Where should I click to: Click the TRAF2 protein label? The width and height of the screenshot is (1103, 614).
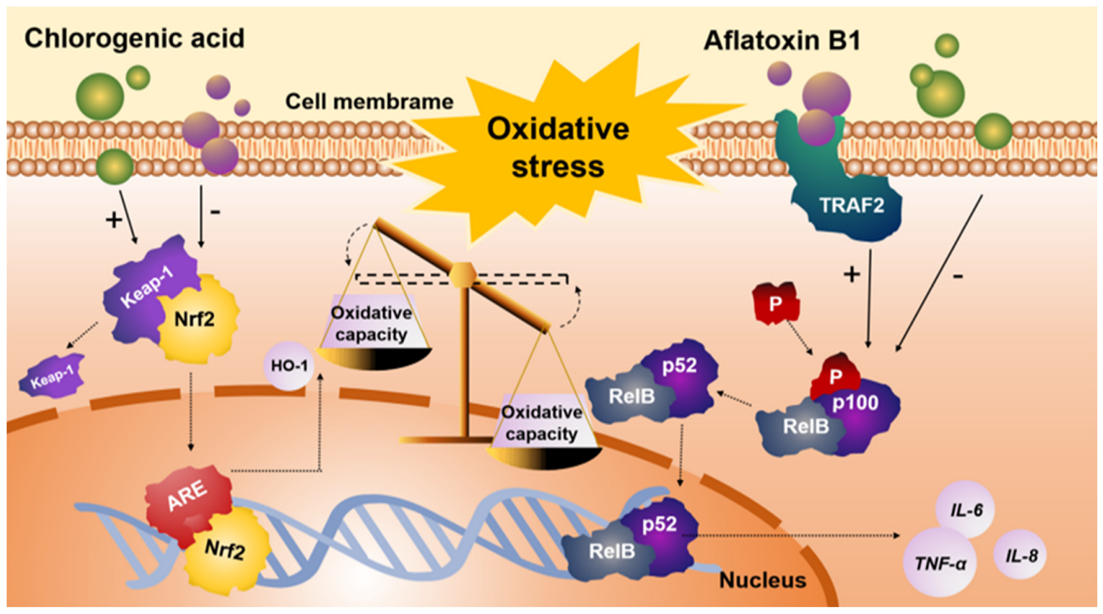851,206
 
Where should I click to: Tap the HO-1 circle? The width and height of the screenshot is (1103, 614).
289,366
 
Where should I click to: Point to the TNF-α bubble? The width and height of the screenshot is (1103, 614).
940,563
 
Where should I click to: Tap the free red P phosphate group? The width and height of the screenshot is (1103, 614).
775,303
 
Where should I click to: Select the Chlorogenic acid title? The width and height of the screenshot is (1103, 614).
134,38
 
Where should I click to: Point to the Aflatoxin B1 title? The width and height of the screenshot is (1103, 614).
782,41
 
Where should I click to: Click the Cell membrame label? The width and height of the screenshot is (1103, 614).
369,102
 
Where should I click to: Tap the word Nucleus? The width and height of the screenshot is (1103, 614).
762,580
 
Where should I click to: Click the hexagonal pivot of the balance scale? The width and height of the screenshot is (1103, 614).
462,275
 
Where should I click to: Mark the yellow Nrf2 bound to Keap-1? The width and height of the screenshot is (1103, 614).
195,319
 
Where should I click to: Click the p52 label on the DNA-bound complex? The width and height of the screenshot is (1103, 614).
659,524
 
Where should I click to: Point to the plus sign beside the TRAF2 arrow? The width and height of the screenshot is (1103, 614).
852,274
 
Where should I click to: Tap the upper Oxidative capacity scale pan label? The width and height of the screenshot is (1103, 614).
372,323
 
